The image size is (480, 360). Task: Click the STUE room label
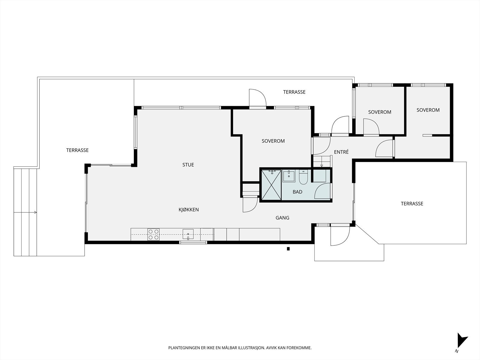(x=188, y=165)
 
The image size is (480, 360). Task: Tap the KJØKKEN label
(x=188, y=210)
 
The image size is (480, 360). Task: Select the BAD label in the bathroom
(x=297, y=192)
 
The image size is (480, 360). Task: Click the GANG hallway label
(x=282, y=218)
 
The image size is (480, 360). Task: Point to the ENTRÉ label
(x=341, y=152)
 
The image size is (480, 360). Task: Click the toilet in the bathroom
(x=303, y=177)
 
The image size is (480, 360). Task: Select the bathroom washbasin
(x=289, y=176)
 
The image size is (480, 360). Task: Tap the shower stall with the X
(x=271, y=185)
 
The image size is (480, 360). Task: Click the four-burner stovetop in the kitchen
(x=153, y=234)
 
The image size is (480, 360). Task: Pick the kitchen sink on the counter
(x=188, y=234)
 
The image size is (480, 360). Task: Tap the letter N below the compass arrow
(x=456, y=351)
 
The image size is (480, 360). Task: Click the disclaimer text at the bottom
(x=240, y=348)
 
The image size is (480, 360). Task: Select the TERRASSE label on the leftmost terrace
(x=77, y=150)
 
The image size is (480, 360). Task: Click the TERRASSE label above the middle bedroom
(x=294, y=92)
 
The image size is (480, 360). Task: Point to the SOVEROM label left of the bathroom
(x=273, y=141)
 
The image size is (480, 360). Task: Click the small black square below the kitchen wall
(x=288, y=249)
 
